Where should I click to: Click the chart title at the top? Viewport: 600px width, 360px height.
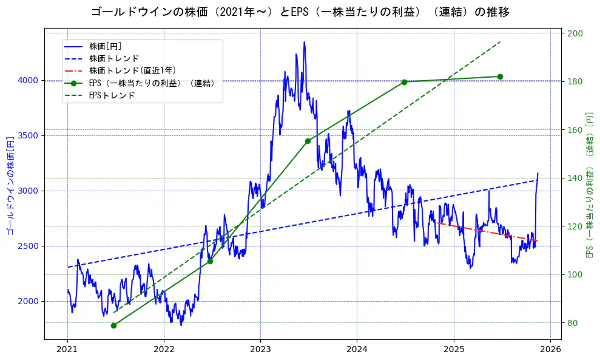[300, 12]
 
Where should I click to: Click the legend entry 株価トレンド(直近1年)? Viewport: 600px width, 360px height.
[132, 71]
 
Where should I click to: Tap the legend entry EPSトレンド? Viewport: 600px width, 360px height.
[112, 95]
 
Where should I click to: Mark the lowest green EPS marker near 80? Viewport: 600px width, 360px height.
[113, 325]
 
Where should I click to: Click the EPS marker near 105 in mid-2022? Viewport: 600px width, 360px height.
[210, 261]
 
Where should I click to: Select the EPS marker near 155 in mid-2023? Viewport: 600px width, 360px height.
[308, 141]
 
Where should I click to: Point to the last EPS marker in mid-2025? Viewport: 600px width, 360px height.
[500, 76]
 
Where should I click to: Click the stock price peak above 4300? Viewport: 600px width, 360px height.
[304, 42]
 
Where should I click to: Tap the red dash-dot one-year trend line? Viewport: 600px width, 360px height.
[485, 232]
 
